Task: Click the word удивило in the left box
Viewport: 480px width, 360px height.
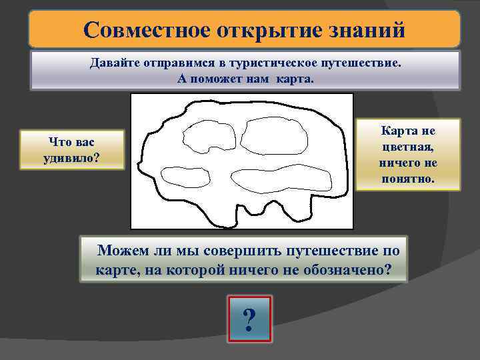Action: point(73,157)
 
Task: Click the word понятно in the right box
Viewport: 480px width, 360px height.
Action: point(408,178)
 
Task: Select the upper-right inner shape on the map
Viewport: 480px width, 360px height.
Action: point(275,136)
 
